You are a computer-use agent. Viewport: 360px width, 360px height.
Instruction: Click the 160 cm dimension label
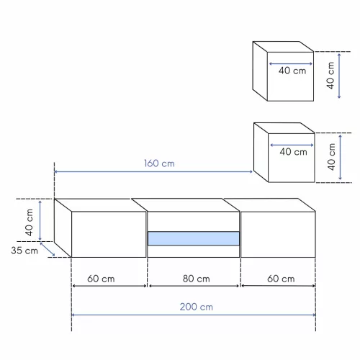point(159,163)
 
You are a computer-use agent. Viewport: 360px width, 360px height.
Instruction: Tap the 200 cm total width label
point(197,307)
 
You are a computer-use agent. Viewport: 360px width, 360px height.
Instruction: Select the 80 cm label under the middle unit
point(197,279)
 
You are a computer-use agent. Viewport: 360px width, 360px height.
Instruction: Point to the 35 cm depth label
point(24,251)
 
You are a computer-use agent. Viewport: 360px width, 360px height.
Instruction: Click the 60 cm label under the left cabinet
point(101,279)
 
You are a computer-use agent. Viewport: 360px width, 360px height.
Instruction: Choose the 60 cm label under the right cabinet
point(281,279)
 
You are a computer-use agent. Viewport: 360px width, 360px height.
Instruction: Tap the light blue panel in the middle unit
point(194,238)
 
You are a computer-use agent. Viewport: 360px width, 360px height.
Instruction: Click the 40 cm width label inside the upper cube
point(292,71)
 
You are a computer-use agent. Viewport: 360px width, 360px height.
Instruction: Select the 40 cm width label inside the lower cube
point(293,152)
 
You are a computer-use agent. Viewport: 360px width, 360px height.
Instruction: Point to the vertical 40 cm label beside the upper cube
point(330,76)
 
